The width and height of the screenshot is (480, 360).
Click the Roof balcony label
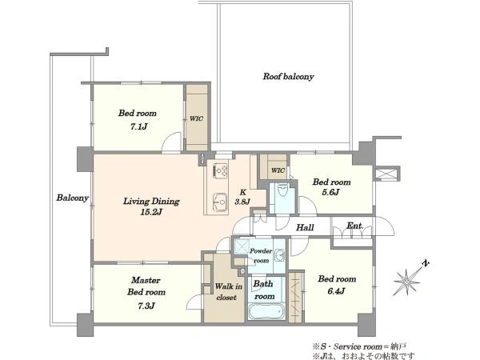(288, 77)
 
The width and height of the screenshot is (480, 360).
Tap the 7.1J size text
(138, 126)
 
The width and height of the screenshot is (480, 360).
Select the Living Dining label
(151, 202)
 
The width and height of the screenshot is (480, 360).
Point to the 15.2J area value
(151, 212)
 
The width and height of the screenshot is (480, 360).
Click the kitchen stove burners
(221, 170)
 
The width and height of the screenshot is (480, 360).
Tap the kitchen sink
(220, 202)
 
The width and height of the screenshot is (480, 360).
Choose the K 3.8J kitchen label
(242, 197)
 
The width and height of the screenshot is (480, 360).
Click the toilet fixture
(282, 190)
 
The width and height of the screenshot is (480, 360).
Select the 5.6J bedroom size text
(331, 192)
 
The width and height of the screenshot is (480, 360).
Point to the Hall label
(305, 227)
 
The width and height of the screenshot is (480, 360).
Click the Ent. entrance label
(354, 226)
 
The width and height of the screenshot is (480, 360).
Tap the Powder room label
(261, 256)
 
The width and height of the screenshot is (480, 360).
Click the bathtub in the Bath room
(266, 312)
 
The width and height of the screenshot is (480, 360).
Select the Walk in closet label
(228, 292)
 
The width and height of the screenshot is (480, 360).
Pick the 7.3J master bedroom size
(146, 306)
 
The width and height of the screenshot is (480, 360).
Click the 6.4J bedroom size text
(336, 291)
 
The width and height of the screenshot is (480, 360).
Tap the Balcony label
(72, 198)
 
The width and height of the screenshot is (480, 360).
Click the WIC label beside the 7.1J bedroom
(196, 118)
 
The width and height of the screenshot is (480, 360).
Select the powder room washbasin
(279, 255)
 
